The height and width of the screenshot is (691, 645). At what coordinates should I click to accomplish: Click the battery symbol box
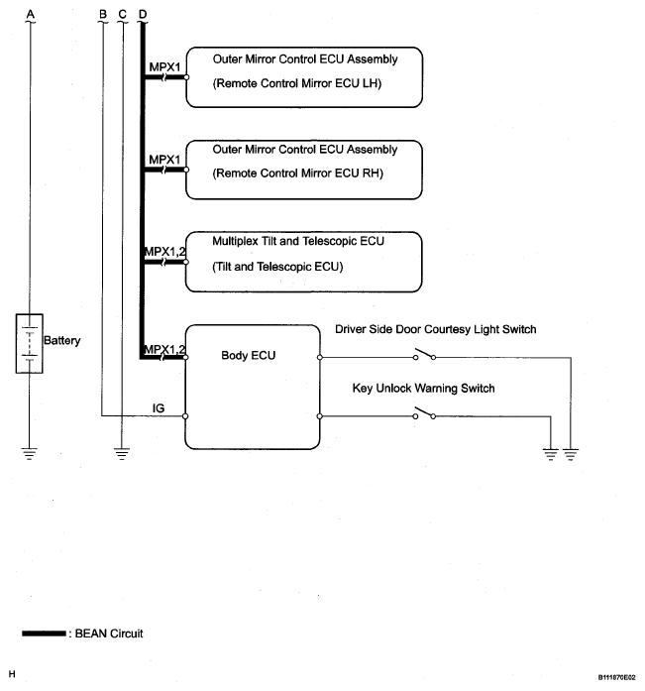pyautogui.click(x=29, y=343)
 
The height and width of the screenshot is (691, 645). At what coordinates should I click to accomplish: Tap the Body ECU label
pyautogui.click(x=249, y=355)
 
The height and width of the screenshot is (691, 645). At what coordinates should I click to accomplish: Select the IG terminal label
pyautogui.click(x=159, y=408)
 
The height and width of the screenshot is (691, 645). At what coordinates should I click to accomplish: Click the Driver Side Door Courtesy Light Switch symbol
pyautogui.click(x=424, y=354)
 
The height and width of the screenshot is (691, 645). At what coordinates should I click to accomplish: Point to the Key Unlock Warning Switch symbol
pyautogui.click(x=424, y=413)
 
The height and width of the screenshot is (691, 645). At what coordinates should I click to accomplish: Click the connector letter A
pyautogui.click(x=31, y=14)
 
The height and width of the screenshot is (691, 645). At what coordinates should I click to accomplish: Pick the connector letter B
pyautogui.click(x=103, y=14)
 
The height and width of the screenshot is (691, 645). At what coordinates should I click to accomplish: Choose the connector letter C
pyautogui.click(x=123, y=14)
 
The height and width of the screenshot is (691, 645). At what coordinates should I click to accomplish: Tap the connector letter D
pyautogui.click(x=143, y=14)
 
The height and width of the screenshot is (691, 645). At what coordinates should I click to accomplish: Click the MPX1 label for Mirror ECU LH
pyautogui.click(x=164, y=67)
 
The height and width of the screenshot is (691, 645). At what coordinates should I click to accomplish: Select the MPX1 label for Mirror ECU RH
pyautogui.click(x=164, y=160)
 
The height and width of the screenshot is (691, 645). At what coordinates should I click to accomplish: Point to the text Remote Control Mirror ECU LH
pyautogui.click(x=297, y=83)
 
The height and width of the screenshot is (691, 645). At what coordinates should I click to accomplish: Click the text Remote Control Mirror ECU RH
pyautogui.click(x=298, y=173)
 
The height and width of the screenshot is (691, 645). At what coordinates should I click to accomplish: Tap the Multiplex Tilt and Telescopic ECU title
pyautogui.click(x=298, y=241)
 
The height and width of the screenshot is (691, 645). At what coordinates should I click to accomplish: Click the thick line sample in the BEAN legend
pyautogui.click(x=44, y=633)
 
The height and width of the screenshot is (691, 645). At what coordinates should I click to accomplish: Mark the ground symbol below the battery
pyautogui.click(x=29, y=454)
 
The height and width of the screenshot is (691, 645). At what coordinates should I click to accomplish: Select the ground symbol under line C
pyautogui.click(x=122, y=454)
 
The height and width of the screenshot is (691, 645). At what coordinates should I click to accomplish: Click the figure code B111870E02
pyautogui.click(x=616, y=677)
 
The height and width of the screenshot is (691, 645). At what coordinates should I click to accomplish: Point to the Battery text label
pyautogui.click(x=62, y=340)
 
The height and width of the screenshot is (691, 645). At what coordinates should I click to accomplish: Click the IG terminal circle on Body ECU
pyautogui.click(x=185, y=416)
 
